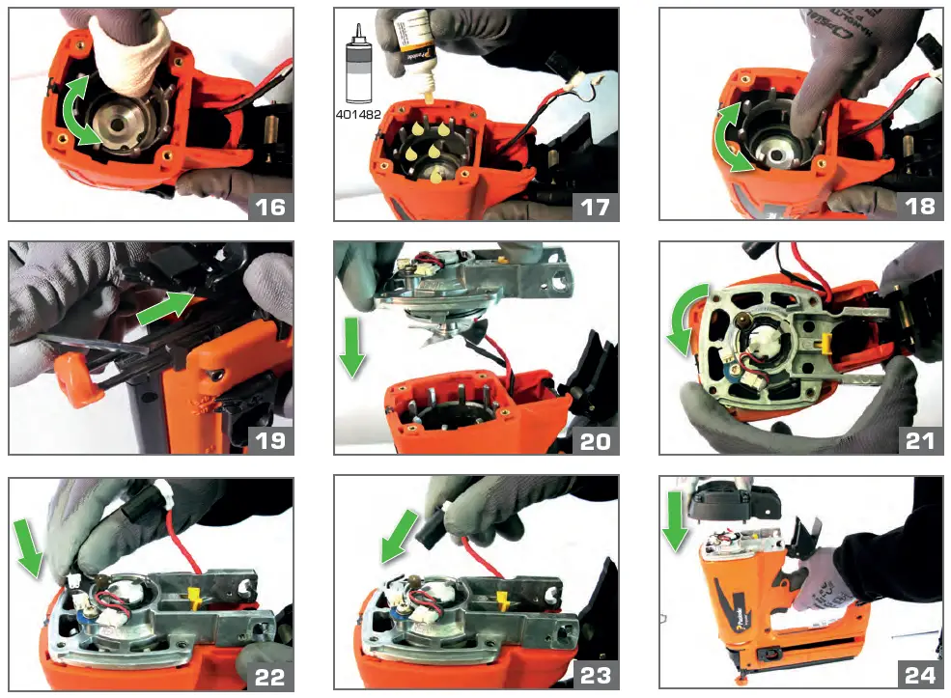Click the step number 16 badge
(270, 206)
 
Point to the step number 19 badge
(270, 439)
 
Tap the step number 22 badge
(270, 673)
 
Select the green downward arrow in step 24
(675, 521)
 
